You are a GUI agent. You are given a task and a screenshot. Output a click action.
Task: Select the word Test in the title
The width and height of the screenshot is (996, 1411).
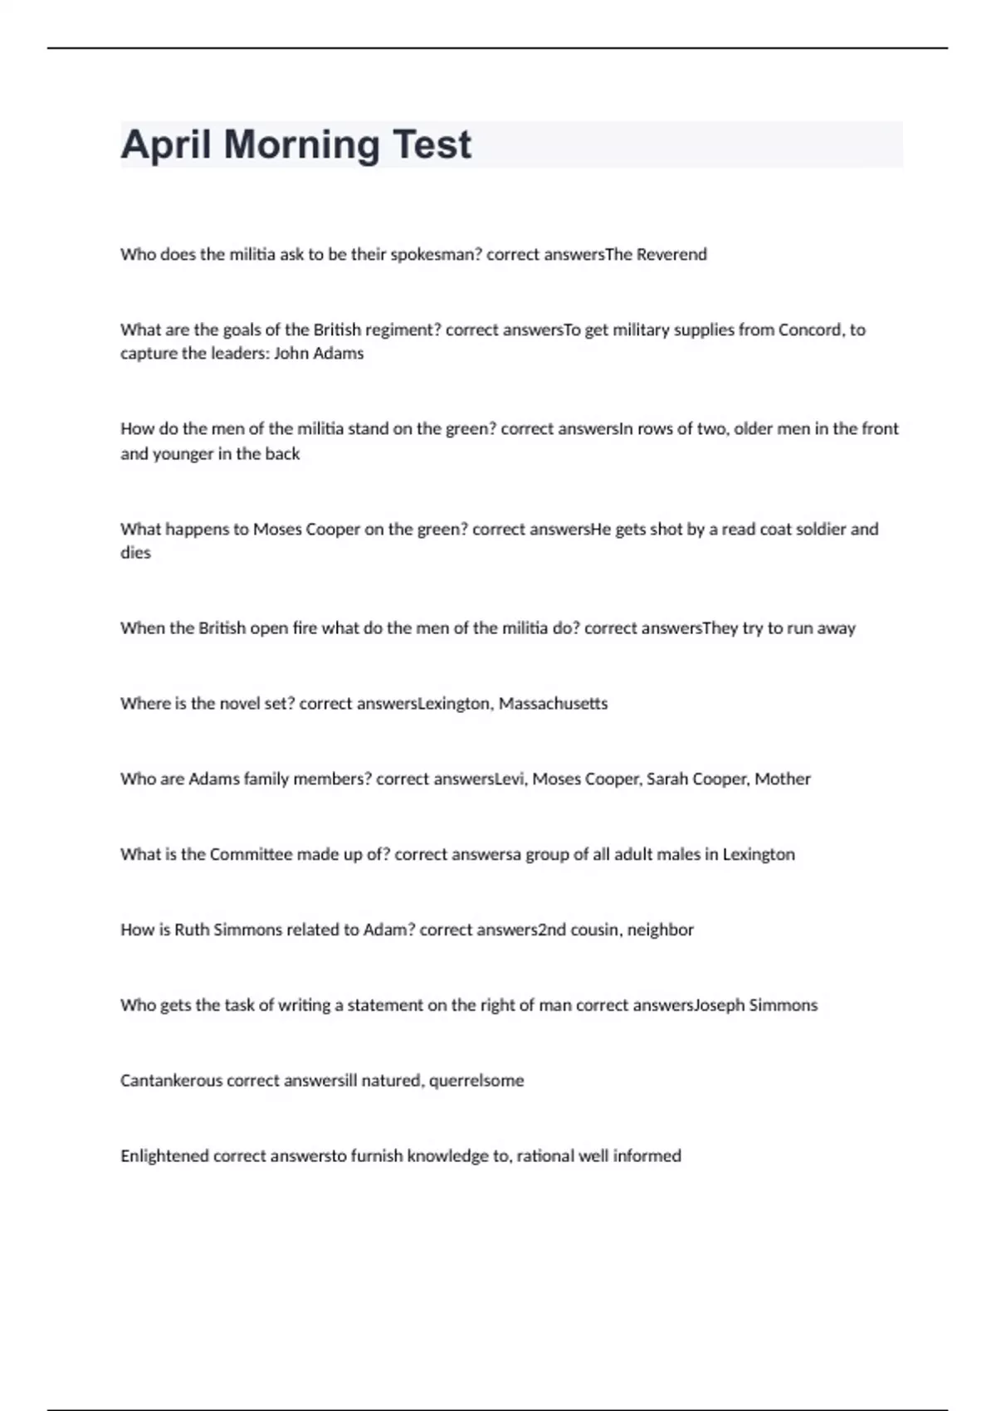click(x=432, y=145)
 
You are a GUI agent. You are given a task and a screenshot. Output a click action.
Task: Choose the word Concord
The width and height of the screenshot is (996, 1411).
click(x=809, y=330)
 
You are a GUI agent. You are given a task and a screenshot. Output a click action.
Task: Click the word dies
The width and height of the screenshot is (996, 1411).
click(x=135, y=553)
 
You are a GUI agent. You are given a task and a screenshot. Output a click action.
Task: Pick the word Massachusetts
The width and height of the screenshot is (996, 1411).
click(x=553, y=704)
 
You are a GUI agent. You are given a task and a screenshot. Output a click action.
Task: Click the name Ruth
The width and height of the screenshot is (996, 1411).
click(x=192, y=930)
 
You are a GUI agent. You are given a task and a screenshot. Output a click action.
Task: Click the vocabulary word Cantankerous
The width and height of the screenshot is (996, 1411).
click(x=171, y=1081)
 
